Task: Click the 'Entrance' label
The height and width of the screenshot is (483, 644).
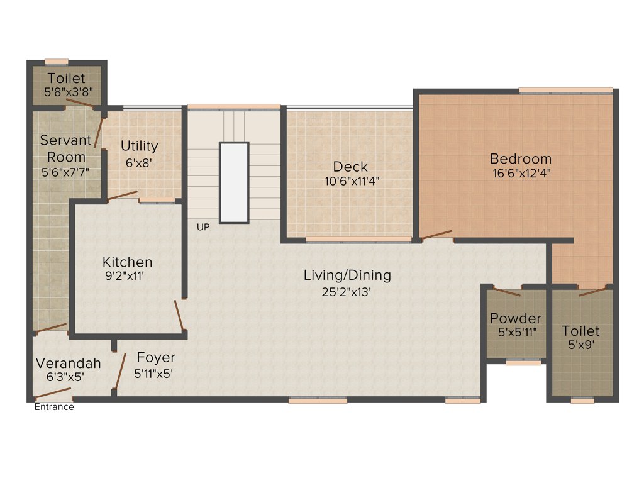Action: [53, 407]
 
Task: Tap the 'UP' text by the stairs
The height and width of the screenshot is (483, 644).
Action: [203, 227]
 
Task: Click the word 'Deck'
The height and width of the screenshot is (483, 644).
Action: [350, 167]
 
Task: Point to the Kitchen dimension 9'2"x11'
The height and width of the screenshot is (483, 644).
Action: [127, 275]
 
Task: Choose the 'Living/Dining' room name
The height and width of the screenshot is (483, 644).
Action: [347, 275]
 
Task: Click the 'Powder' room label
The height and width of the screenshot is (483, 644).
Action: [516, 318]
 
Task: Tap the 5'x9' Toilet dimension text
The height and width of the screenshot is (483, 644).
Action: [580, 345]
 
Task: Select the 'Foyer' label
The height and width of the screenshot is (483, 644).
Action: [156, 358]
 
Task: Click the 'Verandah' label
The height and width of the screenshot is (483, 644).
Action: [68, 363]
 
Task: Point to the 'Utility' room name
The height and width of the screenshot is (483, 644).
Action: [139, 146]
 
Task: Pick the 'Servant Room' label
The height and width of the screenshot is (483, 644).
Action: [66, 148]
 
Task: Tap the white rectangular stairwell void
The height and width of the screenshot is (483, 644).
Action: [234, 182]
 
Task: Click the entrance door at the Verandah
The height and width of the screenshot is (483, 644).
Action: [52, 394]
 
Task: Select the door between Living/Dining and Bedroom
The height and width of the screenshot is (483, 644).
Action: [436, 235]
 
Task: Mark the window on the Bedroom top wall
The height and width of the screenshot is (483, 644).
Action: [565, 90]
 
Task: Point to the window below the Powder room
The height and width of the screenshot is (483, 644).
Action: [523, 362]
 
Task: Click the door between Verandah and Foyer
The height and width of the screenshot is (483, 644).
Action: [119, 372]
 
